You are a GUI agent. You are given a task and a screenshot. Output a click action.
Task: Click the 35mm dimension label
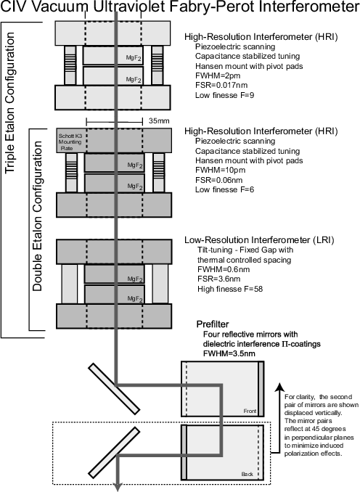(159, 120)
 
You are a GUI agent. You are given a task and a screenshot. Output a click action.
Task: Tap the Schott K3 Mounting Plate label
(70, 142)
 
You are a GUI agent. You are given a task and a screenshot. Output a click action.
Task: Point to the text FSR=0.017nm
(221, 86)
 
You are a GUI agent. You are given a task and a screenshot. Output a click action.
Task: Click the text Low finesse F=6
(224, 189)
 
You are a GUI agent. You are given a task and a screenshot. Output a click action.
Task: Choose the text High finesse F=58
(230, 289)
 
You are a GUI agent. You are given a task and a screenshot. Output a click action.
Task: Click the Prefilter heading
(213, 324)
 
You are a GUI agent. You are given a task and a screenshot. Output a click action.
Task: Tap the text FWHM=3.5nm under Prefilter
(229, 353)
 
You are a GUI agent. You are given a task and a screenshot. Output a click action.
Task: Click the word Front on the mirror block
(250, 411)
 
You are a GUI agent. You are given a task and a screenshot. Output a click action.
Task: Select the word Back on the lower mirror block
(247, 474)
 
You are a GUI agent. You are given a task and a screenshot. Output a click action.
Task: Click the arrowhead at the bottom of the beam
(118, 488)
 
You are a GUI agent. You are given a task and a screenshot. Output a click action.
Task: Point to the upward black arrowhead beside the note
(279, 388)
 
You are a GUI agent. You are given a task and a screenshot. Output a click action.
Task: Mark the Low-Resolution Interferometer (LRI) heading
(259, 240)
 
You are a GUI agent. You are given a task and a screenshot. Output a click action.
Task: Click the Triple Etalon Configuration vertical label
(10, 102)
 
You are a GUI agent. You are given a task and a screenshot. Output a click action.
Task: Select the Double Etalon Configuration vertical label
(37, 216)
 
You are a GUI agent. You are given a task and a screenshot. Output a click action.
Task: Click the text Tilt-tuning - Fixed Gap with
(245, 250)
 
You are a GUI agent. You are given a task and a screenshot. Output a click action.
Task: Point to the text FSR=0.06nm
(218, 180)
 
